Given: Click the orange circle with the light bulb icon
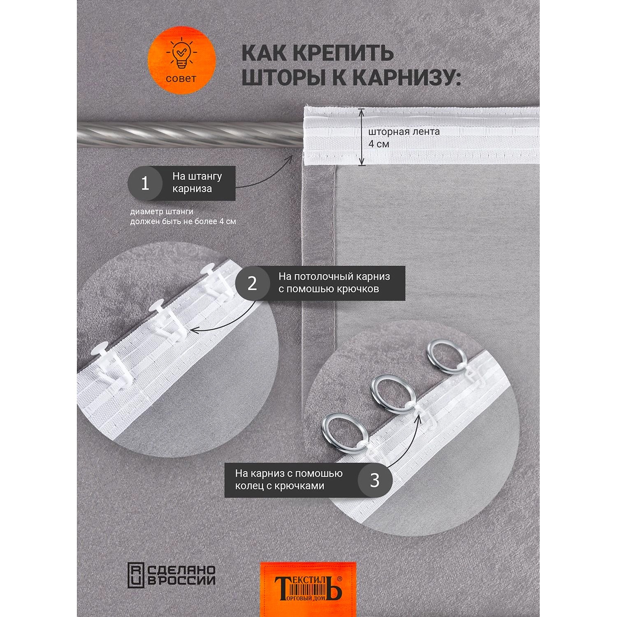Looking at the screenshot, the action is coord(181,60).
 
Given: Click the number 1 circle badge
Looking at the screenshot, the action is coord(145,183).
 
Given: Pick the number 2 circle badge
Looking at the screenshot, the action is coord(252,283).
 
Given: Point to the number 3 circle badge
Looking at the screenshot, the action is coord(375,480).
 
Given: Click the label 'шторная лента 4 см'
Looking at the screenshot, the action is coord(404,138).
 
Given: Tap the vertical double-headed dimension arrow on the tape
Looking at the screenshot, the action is coord(362,137).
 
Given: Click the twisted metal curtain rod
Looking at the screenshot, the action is coord(190,135).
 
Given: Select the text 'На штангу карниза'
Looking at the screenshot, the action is coord(197,183).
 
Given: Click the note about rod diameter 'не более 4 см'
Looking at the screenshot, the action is coord(183,216).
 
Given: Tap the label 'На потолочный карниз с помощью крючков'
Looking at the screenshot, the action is coord(334,283).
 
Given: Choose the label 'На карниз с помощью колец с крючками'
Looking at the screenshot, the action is coord(289,480).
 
